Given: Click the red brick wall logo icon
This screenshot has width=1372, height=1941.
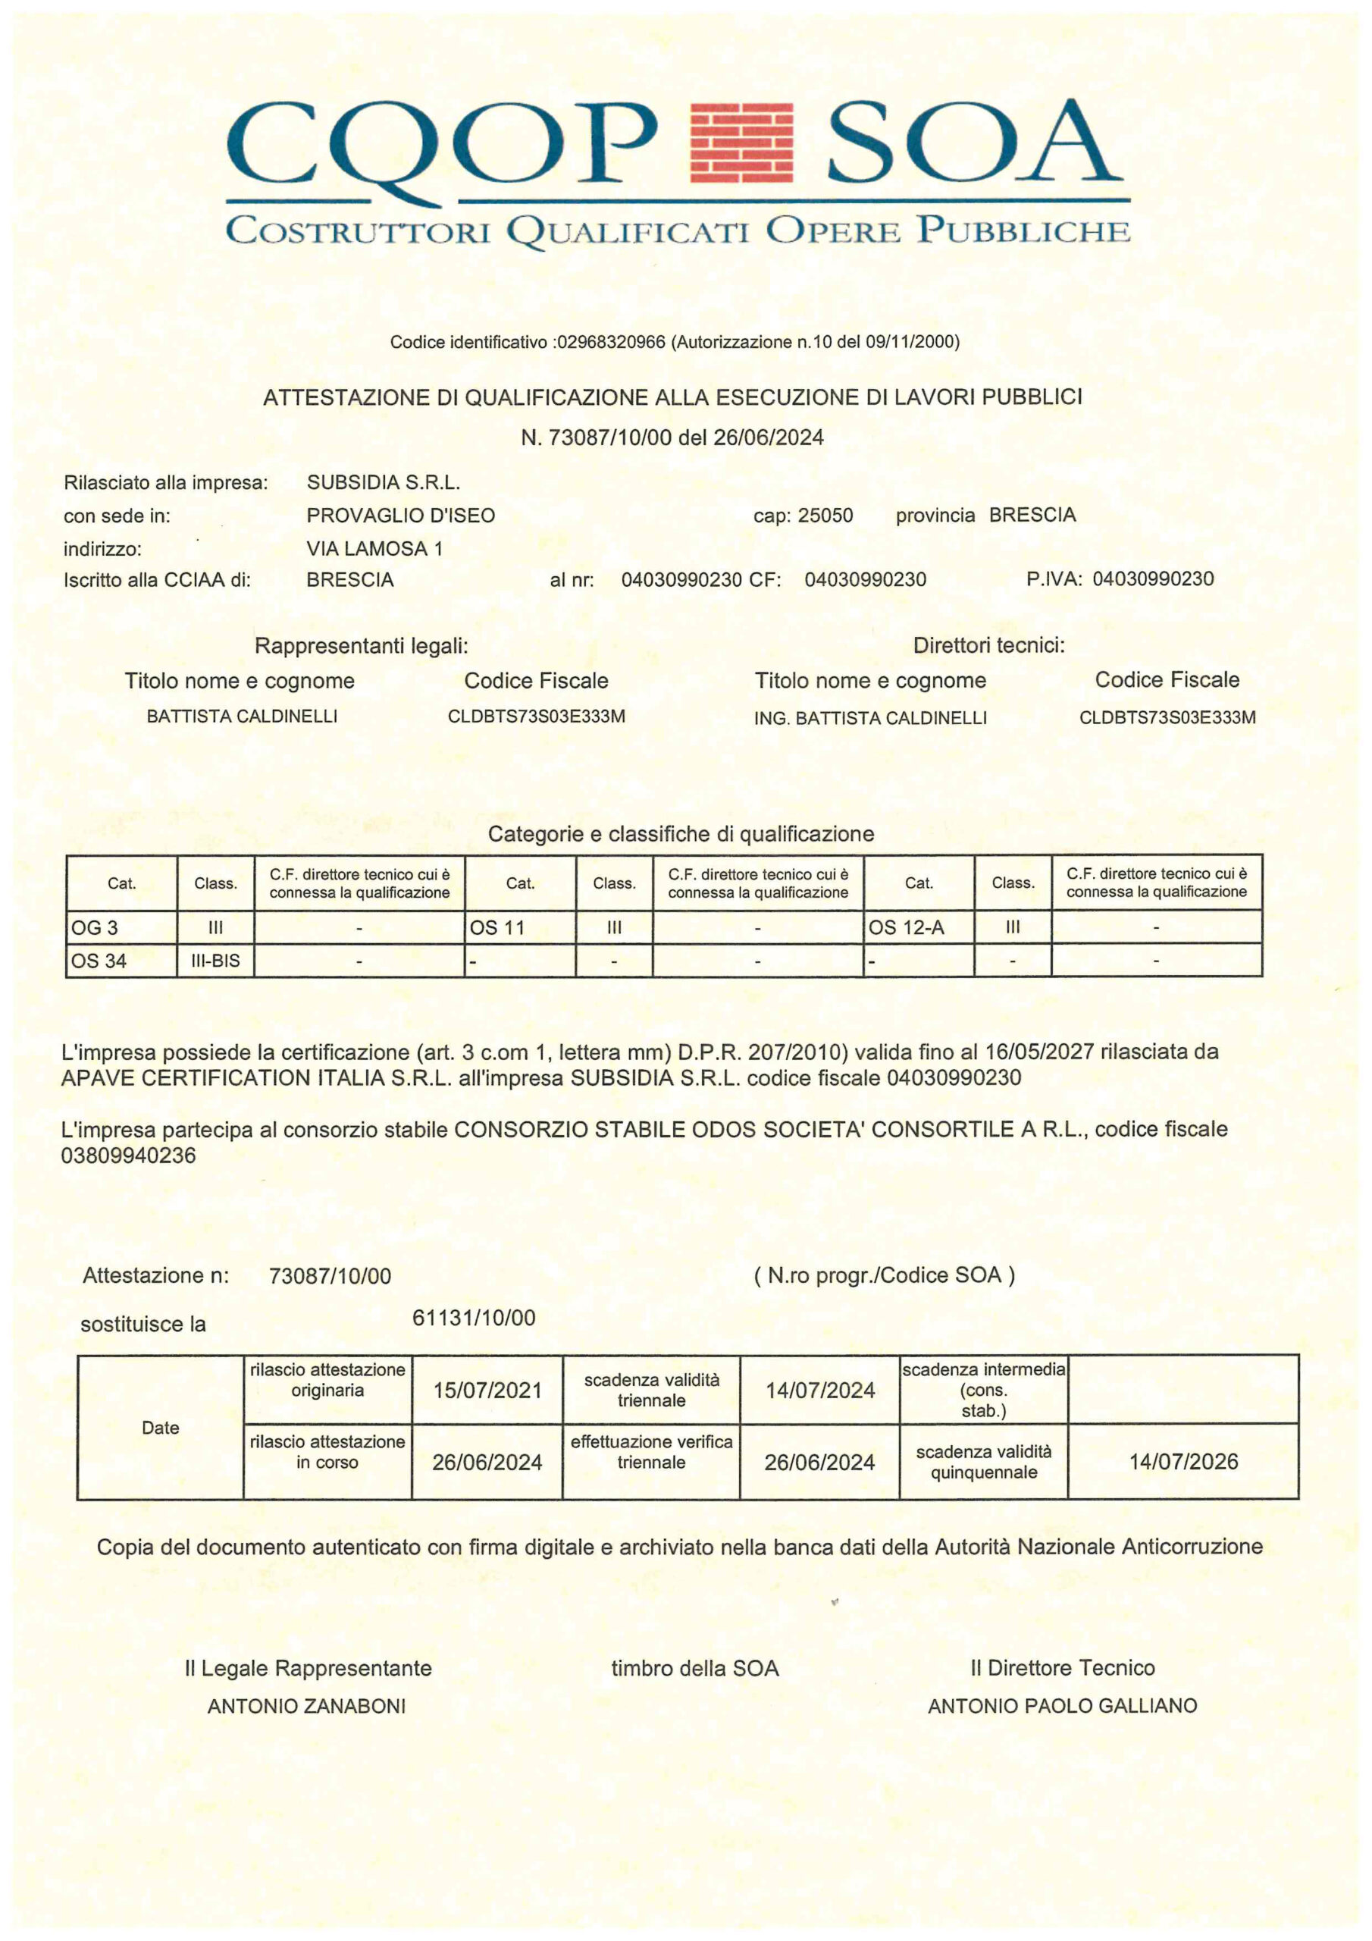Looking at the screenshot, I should tap(741, 142).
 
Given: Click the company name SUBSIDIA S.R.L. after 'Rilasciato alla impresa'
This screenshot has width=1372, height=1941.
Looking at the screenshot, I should tap(383, 483).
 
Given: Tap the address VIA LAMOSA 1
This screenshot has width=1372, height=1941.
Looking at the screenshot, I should tap(374, 549).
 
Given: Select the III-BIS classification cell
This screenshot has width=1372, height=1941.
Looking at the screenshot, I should tap(215, 961).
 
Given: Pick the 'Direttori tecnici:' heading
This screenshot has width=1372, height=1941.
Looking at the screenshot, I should tap(988, 646).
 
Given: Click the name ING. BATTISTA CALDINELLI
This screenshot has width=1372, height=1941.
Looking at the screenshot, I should tap(870, 718).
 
